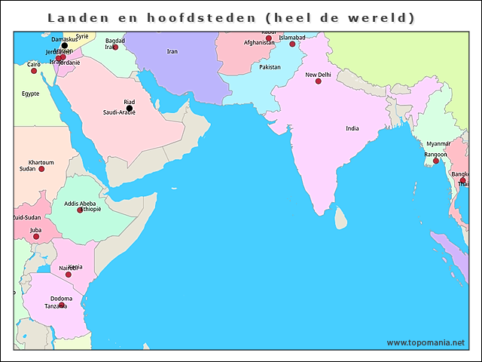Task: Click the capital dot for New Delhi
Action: (318, 82)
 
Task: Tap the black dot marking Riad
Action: (130, 108)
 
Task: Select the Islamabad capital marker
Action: (292, 44)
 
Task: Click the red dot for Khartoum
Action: (41, 169)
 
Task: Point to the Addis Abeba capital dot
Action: (80, 210)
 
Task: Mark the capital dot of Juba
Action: (35, 237)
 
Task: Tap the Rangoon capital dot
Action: (435, 161)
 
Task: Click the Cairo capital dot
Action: (33, 71)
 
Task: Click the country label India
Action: (352, 128)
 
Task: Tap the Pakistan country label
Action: (270, 67)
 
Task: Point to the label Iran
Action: (172, 51)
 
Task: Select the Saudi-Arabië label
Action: (119, 112)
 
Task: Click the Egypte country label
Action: (30, 94)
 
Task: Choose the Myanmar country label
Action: (438, 143)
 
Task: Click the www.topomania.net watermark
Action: (426, 342)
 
